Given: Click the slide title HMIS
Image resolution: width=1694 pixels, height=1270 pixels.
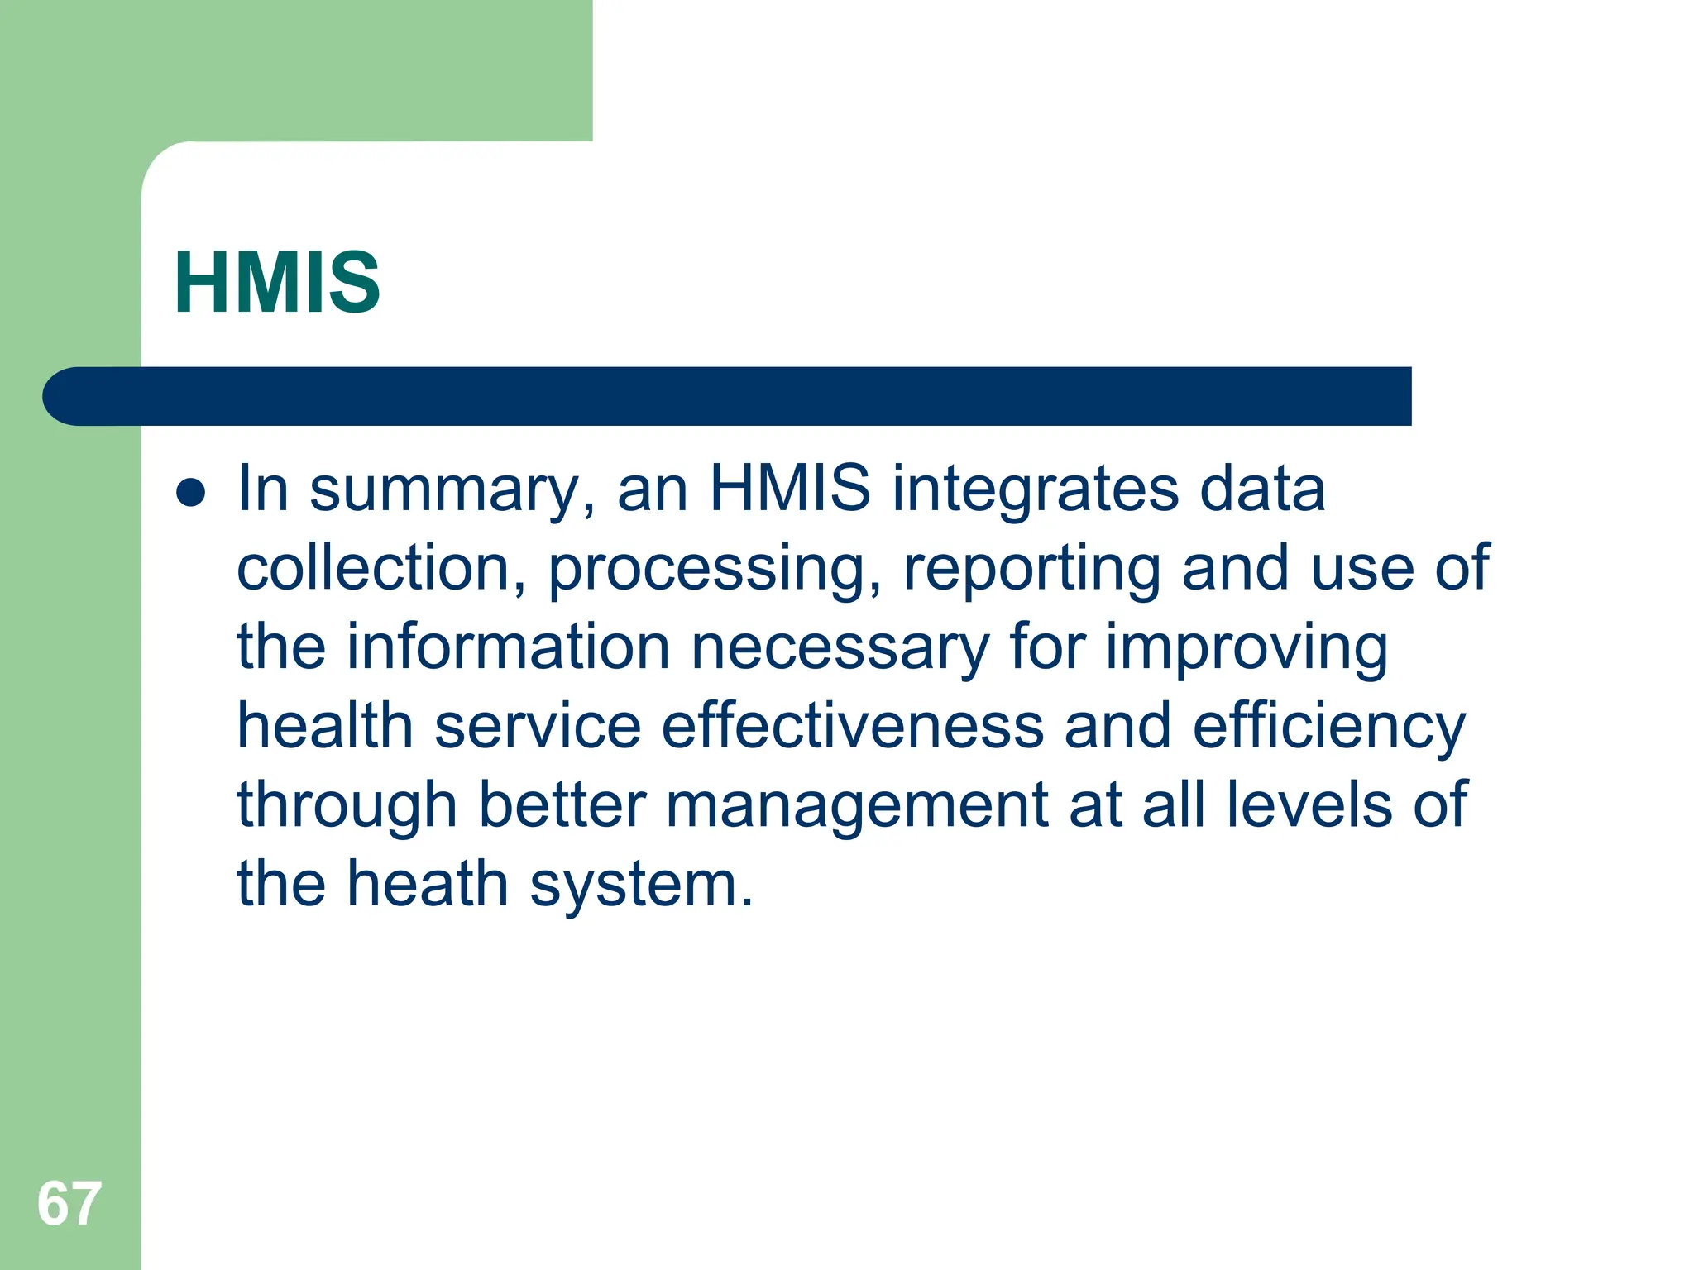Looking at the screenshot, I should tap(277, 283).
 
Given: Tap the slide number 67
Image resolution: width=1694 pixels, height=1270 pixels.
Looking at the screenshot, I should tap(69, 1204).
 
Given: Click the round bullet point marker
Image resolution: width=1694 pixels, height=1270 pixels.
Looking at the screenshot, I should tap(191, 493).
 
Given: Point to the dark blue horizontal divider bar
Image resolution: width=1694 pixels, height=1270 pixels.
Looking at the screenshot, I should tap(728, 396).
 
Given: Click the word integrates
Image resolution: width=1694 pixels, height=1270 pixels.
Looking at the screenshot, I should tap(1036, 489).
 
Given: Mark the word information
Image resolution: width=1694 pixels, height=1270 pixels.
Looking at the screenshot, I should tap(508, 647).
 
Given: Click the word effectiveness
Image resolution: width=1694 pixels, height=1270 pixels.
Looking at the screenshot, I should tap(853, 726).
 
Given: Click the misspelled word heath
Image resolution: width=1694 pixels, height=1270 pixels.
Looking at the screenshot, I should tap(427, 884).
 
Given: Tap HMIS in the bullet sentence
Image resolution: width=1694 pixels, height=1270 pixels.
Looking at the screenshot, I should tap(790, 489).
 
